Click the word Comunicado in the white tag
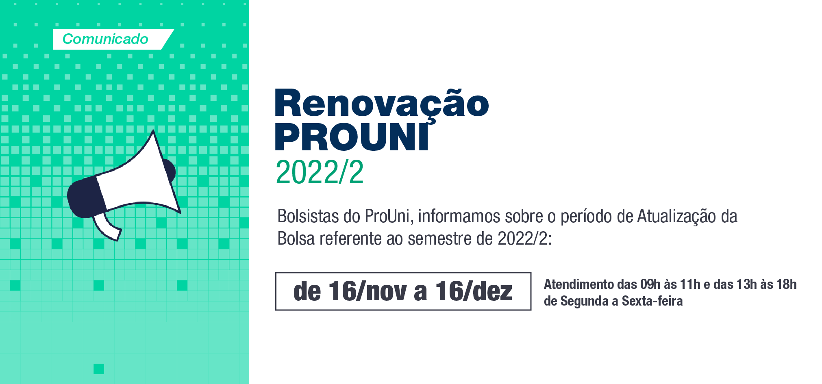105,39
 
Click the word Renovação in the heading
382,103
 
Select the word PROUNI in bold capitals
352,137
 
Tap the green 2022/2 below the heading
320,172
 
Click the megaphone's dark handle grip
86,197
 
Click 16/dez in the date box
474,291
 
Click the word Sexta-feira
652,301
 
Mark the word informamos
459,216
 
